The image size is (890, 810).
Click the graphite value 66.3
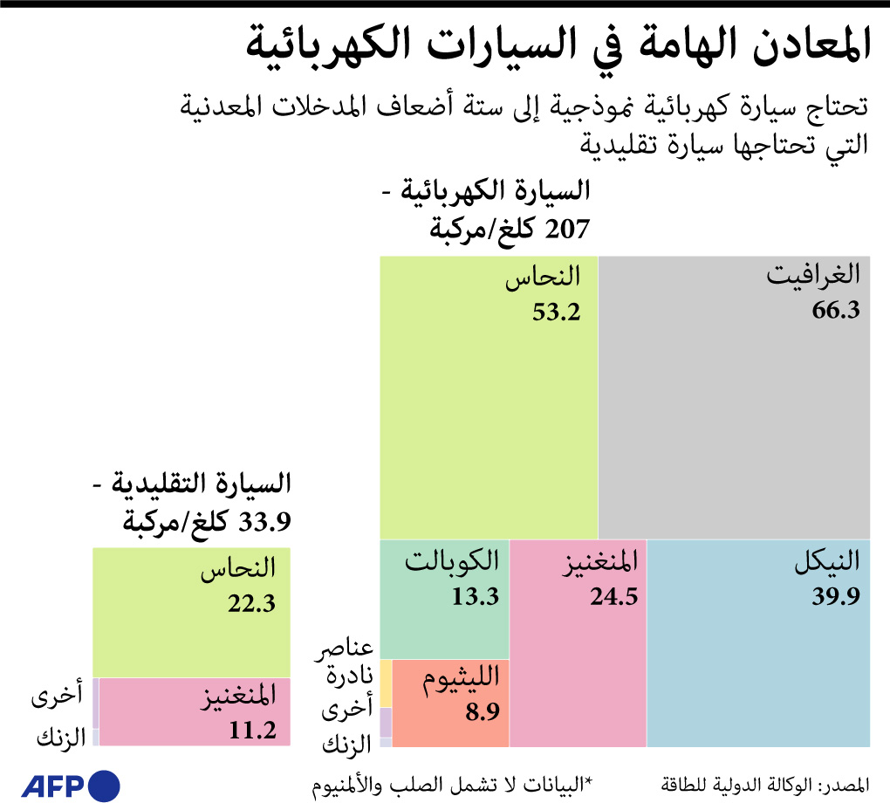tap(836, 311)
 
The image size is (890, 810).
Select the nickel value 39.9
tap(836, 596)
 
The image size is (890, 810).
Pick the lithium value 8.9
tap(482, 712)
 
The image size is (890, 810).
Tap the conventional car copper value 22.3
tap(252, 603)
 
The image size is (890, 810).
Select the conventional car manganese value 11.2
tap(252, 730)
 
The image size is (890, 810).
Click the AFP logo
tap(71, 786)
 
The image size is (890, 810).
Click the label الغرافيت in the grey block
tap(813, 275)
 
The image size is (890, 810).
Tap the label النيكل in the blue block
tap(826, 561)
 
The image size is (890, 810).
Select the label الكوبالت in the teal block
tap(453, 560)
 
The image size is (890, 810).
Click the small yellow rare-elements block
tap(386, 683)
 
